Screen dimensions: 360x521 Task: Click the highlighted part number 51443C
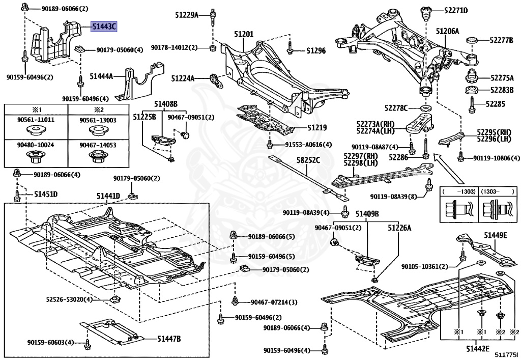[x=104, y=26]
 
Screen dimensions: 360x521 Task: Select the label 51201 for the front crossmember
[x=244, y=34]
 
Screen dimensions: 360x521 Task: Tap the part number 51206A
[x=447, y=32]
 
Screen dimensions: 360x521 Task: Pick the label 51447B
[x=169, y=338]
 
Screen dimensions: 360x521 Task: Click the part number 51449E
[x=495, y=235]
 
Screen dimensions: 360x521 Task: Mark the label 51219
[x=316, y=127]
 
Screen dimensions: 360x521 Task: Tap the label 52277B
[x=502, y=40]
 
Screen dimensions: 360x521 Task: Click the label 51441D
[x=108, y=196]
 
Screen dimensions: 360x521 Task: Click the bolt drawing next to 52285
[x=473, y=104]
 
